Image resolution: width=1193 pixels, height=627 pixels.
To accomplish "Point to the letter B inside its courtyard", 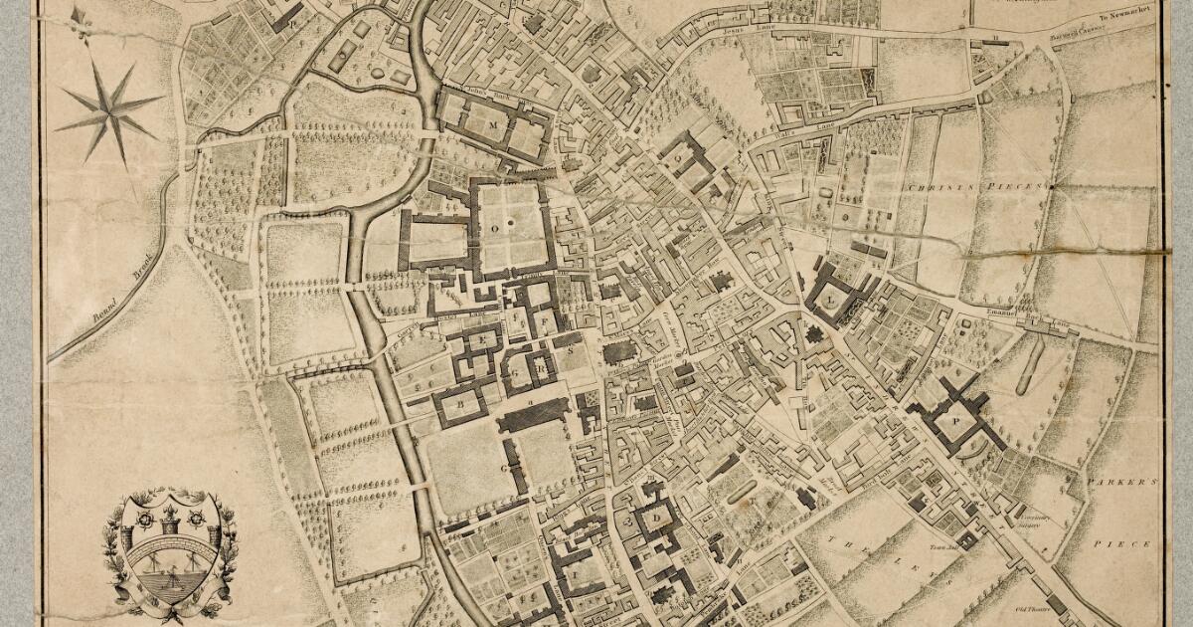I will point(461,405).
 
